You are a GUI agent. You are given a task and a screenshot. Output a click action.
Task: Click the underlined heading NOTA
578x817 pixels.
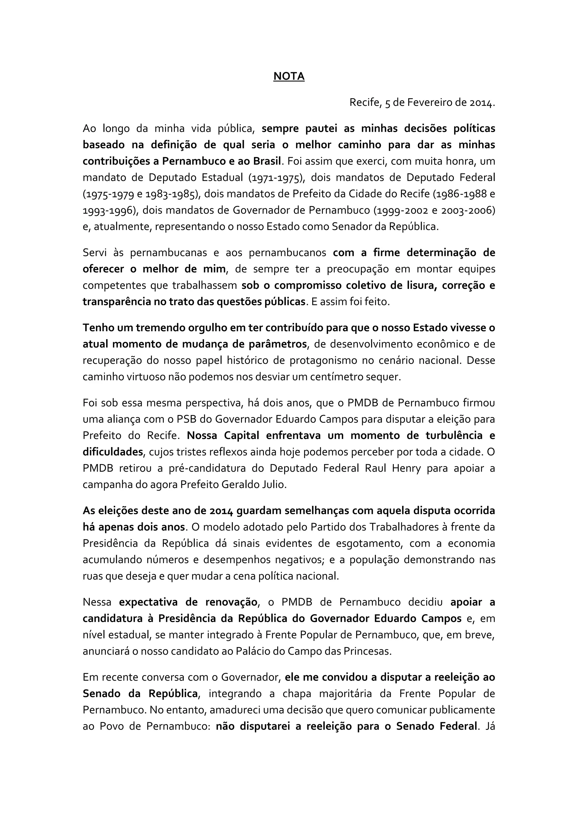coord(289,76)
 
